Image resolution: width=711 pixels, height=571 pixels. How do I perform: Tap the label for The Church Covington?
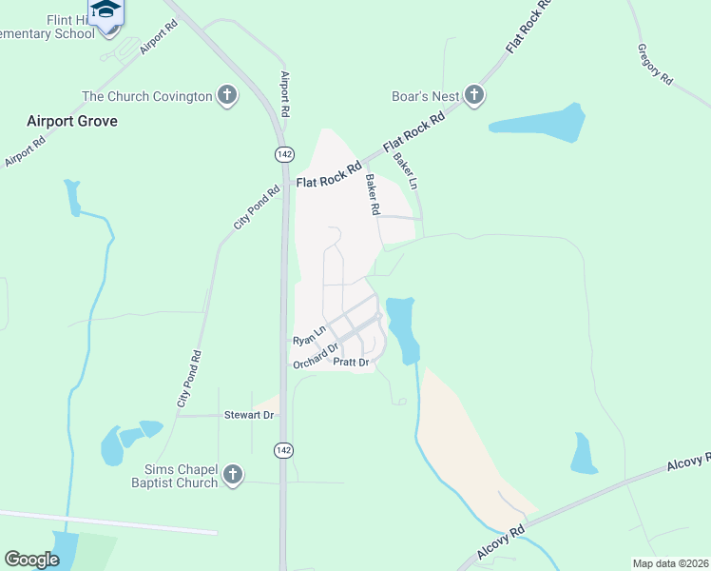coord(146,96)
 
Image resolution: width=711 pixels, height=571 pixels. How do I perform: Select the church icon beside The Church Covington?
coord(226,96)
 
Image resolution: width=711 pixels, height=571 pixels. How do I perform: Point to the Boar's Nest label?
coord(426,96)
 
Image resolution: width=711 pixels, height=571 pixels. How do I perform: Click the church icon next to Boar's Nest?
coord(474,95)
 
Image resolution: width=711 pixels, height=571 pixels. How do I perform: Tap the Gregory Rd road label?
coord(655,64)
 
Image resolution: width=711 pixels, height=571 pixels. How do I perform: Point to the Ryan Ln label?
coord(309,335)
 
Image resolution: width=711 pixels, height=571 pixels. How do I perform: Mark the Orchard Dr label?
coord(316,356)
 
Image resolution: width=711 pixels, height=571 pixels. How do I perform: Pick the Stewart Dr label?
coord(248,415)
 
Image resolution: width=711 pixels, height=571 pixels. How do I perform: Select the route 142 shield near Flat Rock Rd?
coord(283,154)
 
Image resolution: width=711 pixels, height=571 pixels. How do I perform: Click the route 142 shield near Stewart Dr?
coord(283,450)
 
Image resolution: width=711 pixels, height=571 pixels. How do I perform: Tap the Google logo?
coord(32,560)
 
